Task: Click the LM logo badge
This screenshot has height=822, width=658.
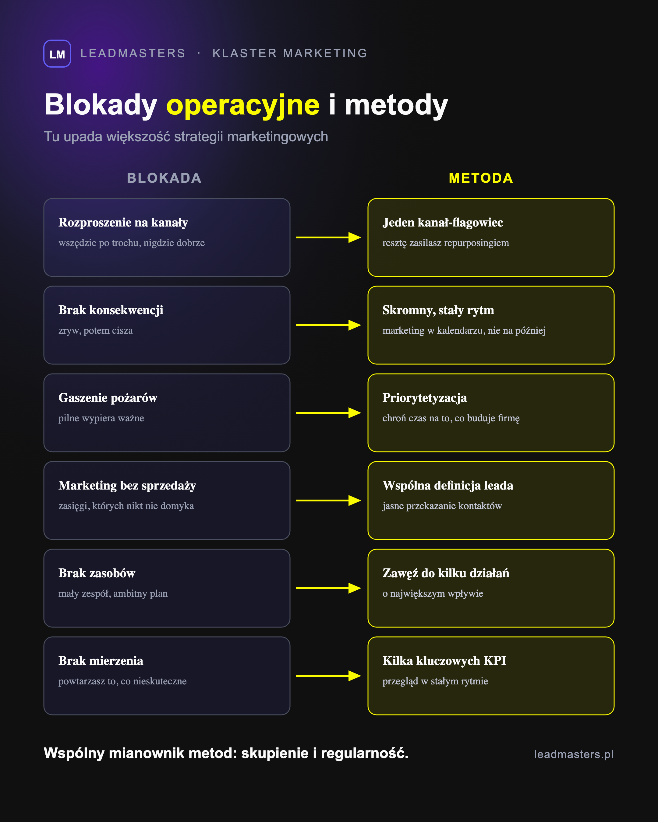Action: click(x=57, y=54)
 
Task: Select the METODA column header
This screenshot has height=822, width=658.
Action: click(x=481, y=178)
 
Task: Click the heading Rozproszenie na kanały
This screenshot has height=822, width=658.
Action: click(x=123, y=223)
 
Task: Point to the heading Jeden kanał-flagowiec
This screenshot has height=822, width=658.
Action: click(x=443, y=223)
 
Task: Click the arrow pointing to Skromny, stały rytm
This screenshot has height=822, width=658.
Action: click(x=328, y=325)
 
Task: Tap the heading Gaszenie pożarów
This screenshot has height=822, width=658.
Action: click(x=108, y=398)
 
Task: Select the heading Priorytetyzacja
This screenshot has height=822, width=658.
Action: click(x=425, y=398)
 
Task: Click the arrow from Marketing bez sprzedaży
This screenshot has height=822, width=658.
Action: click(x=328, y=501)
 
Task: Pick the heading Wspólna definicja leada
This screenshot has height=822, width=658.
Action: click(x=448, y=485)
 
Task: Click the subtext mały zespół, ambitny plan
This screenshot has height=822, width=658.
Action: click(x=113, y=594)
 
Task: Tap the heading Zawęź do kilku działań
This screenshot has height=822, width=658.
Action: click(x=446, y=573)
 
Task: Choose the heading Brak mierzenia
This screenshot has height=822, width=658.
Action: click(x=101, y=661)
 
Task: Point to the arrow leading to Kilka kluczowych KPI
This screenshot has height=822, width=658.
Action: click(x=328, y=676)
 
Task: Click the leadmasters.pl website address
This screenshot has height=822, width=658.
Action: click(x=574, y=754)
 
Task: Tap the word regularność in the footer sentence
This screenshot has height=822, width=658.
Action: click(x=364, y=754)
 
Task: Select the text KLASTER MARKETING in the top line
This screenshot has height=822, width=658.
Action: click(x=290, y=53)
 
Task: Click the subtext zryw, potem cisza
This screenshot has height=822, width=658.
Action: click(x=95, y=331)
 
